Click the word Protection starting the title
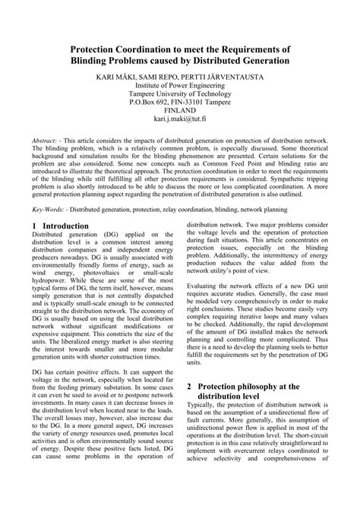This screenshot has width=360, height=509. point(94,46)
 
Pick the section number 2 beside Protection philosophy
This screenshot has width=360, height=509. point(189,386)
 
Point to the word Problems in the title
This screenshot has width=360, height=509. point(144,59)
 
